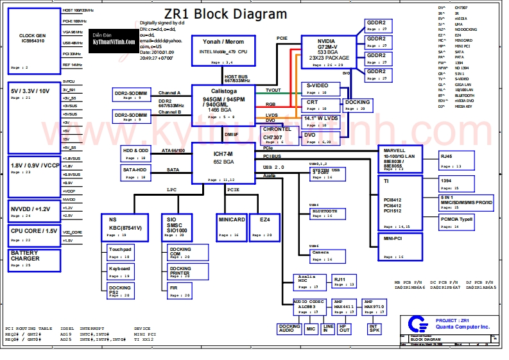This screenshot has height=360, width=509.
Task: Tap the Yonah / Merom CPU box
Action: pos(223,50)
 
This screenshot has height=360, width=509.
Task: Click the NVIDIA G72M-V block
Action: pos(329,51)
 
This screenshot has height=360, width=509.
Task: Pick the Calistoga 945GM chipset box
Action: pos(223,103)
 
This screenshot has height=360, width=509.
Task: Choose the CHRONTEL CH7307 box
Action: pos(277,133)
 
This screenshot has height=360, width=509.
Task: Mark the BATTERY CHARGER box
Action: pos(34,259)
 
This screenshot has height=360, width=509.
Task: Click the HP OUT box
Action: pos(345,329)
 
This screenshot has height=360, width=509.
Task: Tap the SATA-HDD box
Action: pos(136,172)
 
